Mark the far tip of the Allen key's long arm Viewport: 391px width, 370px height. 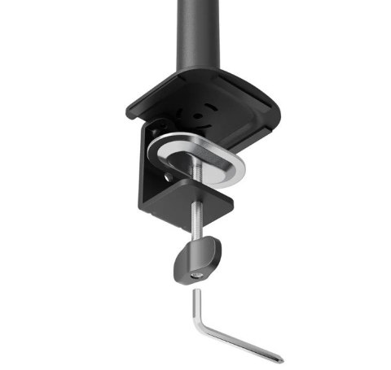coord(281,359)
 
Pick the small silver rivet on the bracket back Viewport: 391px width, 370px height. coord(168,176)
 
